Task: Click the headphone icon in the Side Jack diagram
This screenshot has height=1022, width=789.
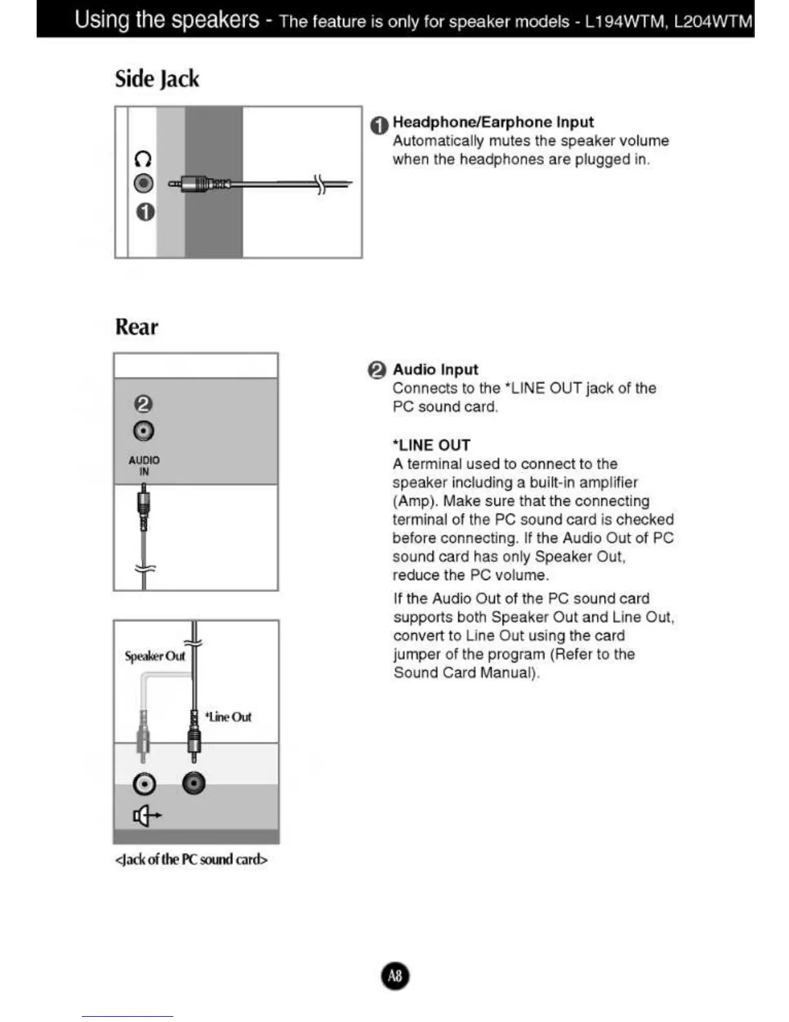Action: (142, 159)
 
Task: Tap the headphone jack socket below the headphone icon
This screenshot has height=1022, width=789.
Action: (143, 184)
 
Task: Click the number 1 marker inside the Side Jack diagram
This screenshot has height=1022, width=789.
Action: (145, 212)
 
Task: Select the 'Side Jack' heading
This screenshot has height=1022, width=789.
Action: (157, 79)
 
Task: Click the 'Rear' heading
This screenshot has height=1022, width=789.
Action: (137, 326)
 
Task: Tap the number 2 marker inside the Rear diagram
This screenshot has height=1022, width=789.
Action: (143, 404)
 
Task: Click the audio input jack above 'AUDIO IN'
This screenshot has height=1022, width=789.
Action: (143, 430)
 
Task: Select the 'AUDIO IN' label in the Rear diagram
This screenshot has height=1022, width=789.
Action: (144, 465)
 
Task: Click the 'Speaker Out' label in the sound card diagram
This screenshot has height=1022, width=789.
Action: (155, 656)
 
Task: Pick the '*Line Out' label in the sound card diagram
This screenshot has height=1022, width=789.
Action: (228, 717)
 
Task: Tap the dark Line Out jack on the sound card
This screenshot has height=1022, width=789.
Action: (194, 783)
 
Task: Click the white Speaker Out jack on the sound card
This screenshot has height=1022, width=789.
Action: (144, 784)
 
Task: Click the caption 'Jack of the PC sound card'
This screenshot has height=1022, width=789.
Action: (191, 859)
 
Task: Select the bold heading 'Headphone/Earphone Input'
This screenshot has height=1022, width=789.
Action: (493, 122)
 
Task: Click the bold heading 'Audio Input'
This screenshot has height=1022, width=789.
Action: (435, 370)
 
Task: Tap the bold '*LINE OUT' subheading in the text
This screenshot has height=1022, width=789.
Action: (431, 445)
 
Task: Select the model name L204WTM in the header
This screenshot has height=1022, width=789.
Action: (713, 21)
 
